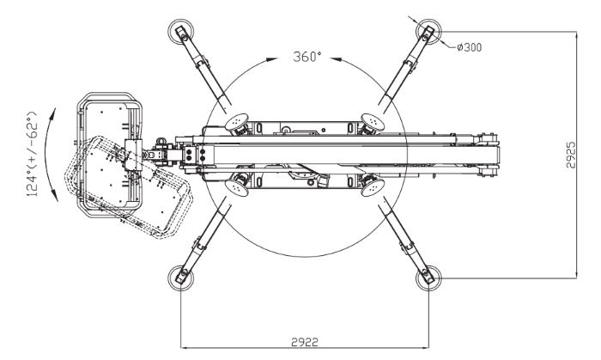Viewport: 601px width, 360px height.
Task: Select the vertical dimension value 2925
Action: click(571, 156)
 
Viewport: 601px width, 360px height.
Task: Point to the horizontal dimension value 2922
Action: click(304, 341)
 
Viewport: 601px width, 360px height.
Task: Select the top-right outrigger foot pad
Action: click(427, 32)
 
